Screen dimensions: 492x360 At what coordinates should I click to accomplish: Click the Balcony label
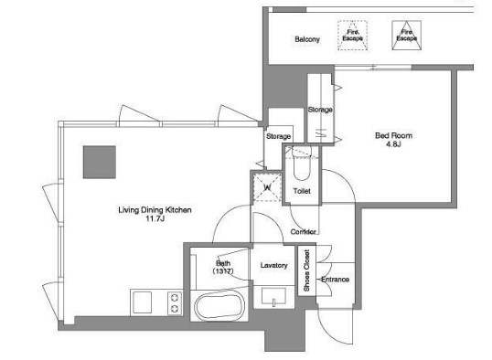[x=307, y=39]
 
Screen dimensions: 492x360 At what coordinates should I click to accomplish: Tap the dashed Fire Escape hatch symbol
[x=353, y=36]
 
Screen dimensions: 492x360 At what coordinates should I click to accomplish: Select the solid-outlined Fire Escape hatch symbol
[x=407, y=36]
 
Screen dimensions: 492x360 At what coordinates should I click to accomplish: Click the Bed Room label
[x=394, y=136]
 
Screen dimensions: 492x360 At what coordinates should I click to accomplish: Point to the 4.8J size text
[x=394, y=144]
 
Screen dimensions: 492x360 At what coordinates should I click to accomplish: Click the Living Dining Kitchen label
[x=155, y=210]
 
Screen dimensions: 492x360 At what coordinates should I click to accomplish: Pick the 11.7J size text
[x=155, y=218]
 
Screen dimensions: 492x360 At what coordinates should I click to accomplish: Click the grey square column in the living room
[x=100, y=162]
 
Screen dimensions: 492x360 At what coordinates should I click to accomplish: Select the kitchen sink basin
[x=142, y=302]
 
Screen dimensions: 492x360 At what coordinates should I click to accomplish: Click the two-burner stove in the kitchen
[x=175, y=303]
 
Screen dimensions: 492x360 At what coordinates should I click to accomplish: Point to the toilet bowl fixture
[x=302, y=164]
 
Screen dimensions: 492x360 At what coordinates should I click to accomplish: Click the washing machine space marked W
[x=267, y=188]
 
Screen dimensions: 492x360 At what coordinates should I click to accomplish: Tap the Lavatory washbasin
[x=274, y=296]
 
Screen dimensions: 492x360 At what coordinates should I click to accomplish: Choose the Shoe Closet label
[x=306, y=270]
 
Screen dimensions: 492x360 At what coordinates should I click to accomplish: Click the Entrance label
[x=335, y=279]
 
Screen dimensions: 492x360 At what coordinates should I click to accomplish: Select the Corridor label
[x=303, y=232]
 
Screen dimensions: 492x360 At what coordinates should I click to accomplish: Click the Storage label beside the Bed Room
[x=320, y=110]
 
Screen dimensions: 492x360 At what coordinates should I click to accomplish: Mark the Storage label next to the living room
[x=278, y=136]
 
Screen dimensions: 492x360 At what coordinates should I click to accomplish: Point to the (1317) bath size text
[x=223, y=271]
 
